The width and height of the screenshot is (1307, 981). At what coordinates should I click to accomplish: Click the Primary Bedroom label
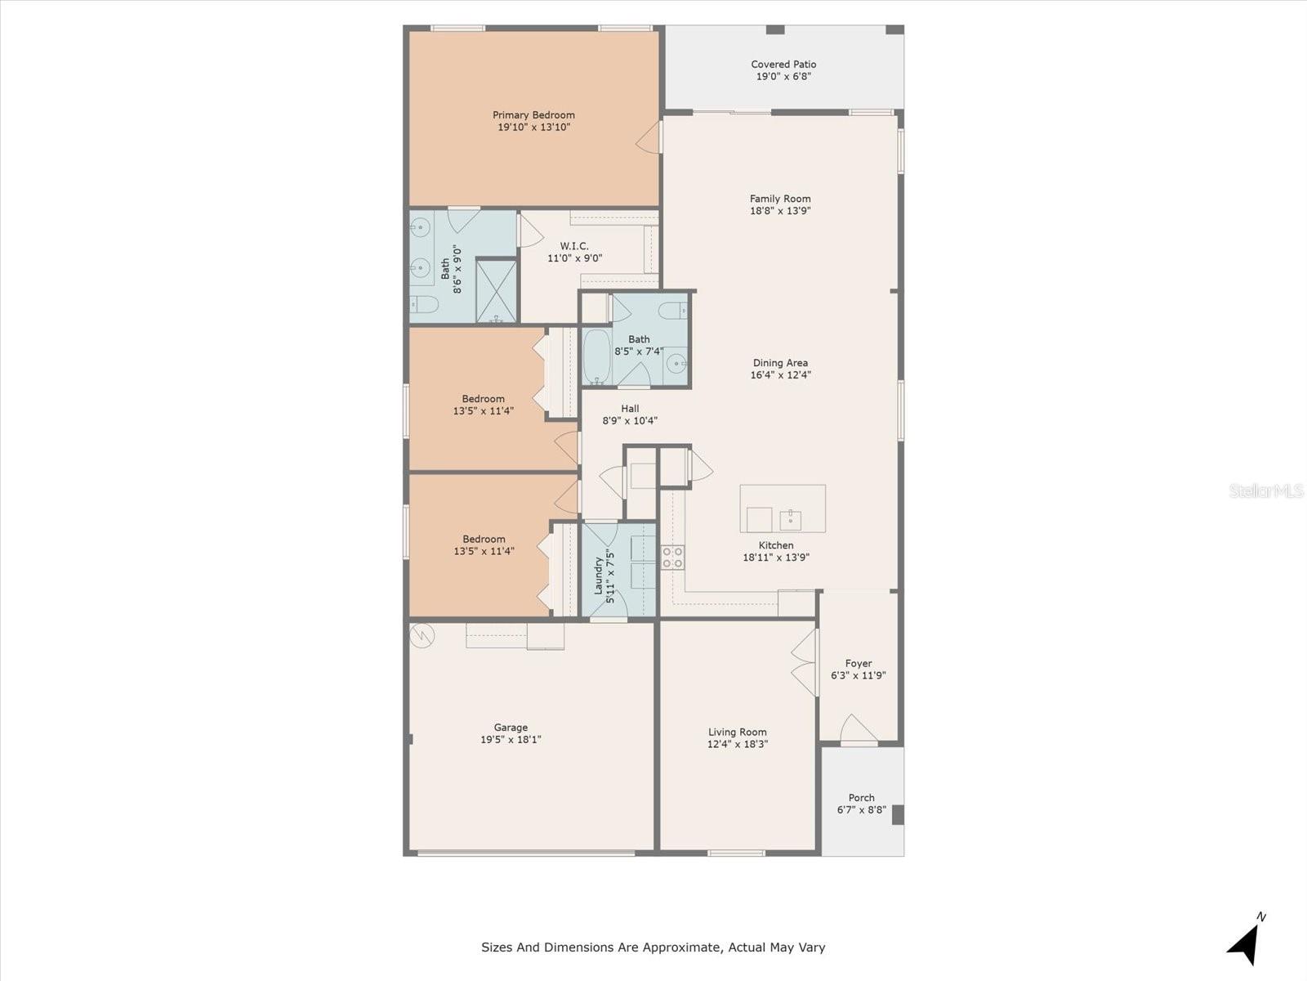coord(533,115)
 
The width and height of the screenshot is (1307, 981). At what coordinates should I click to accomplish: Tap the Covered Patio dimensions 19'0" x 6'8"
coord(783,76)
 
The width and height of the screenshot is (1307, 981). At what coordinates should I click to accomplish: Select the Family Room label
coord(780,199)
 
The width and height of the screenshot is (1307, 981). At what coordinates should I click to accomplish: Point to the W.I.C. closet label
coord(574,245)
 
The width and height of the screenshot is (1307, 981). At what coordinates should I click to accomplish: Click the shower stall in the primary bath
coord(496,291)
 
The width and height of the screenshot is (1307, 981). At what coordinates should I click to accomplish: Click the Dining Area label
coord(780,362)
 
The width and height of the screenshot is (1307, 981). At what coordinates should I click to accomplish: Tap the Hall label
coord(630,408)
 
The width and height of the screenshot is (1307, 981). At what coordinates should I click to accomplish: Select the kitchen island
coord(783,508)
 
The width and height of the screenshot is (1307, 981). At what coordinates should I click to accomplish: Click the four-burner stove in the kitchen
coord(673,557)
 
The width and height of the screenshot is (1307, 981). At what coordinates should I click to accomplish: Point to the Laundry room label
coord(599,576)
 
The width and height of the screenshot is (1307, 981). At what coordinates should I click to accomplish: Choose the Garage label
coord(511,728)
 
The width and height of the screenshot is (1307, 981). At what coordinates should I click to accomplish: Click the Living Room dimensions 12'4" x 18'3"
coord(737,744)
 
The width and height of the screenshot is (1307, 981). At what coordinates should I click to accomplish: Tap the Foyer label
coord(858,663)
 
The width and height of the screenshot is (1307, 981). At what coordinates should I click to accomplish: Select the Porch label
coord(861,798)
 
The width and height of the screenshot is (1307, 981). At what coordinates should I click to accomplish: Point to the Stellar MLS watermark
coord(1266,490)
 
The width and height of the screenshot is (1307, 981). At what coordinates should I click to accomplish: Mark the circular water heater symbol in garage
coord(422,635)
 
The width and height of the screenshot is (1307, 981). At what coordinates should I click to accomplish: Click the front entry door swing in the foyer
coord(858,729)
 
